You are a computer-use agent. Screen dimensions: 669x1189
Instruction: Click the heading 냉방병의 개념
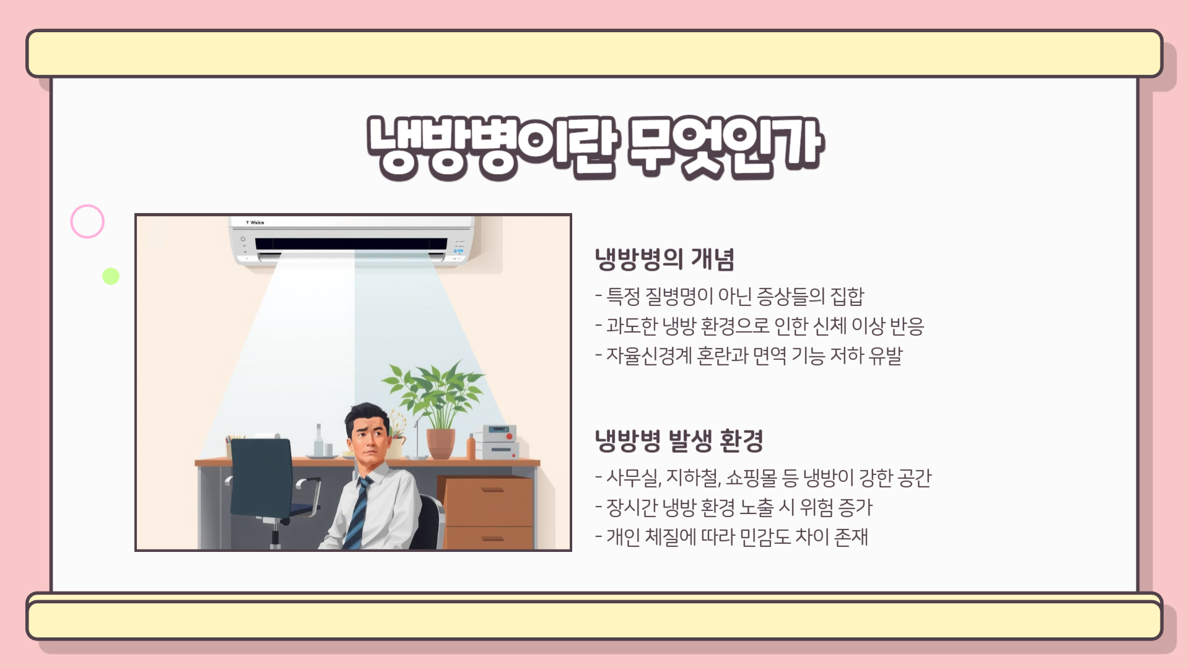tap(664, 259)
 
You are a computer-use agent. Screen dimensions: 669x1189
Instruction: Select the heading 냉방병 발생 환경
tap(678, 440)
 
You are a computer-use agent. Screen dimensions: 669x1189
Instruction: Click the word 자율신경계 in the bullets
tap(648, 356)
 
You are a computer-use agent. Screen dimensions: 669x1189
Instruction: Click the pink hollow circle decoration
tap(87, 221)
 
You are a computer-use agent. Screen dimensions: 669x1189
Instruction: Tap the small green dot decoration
tap(111, 276)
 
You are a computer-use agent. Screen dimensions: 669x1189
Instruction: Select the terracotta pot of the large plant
tap(440, 444)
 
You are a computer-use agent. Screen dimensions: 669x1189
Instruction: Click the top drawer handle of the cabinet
tap(492, 489)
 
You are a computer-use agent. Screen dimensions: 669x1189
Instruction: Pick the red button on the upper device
tap(510, 436)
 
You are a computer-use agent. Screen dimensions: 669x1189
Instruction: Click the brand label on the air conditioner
tap(255, 222)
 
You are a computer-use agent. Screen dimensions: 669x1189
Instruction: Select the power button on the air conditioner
tap(243, 238)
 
